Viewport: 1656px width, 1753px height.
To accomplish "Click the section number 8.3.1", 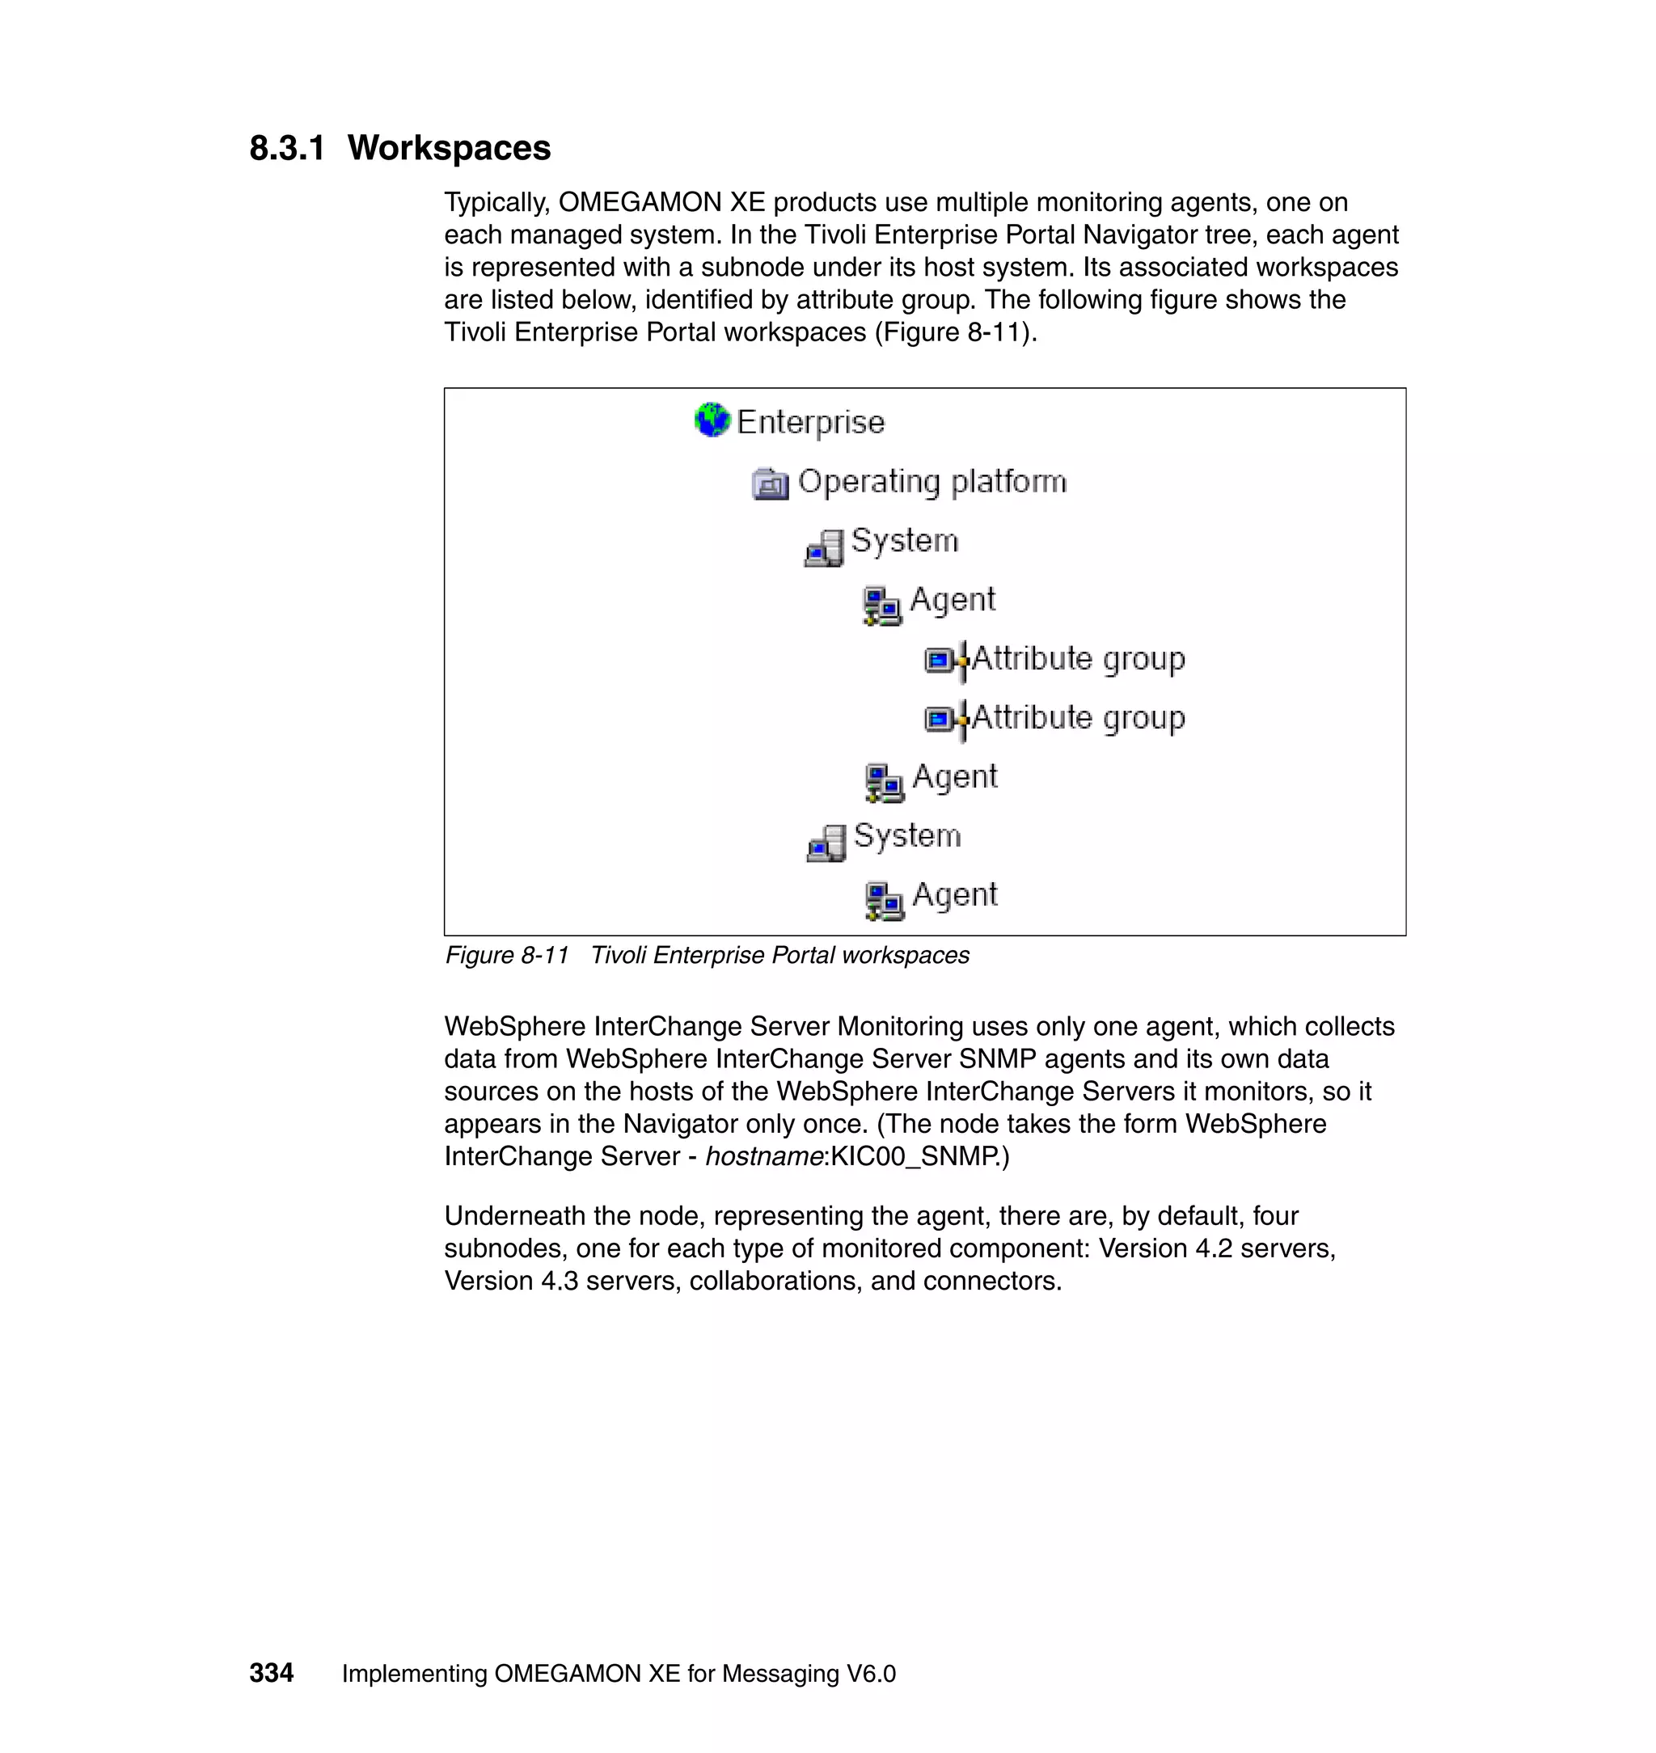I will point(287,148).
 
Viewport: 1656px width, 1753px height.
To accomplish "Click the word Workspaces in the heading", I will point(449,148).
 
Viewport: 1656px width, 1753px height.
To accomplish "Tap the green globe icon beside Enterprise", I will point(712,420).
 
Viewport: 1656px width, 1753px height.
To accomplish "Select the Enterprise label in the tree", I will point(810,422).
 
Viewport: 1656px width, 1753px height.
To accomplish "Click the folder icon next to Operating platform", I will point(770,484).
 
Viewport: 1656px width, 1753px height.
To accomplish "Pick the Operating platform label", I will point(932,482).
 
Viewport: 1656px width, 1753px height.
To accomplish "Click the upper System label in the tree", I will point(904,540).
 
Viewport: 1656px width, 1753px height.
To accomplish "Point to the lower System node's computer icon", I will point(826,844).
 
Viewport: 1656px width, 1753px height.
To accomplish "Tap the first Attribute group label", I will point(1078,658).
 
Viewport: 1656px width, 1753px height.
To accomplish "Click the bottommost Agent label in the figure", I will point(955,895).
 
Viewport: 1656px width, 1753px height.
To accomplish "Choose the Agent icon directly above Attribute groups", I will point(881,606).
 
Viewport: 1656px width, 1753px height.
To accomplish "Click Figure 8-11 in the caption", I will point(507,956).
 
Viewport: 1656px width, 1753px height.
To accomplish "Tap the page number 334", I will point(271,1674).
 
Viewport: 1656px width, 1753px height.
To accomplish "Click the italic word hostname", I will point(763,1156).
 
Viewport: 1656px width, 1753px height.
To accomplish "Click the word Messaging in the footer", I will point(780,1675).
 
